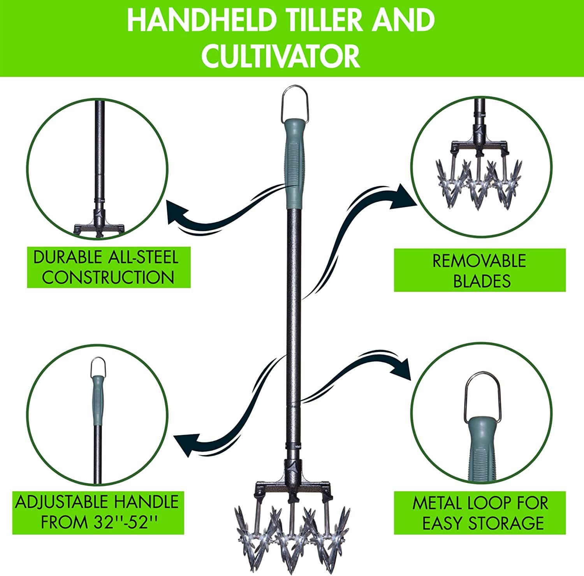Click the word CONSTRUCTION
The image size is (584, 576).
click(108, 277)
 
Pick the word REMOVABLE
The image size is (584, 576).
click(479, 261)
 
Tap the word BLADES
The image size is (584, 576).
click(482, 281)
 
